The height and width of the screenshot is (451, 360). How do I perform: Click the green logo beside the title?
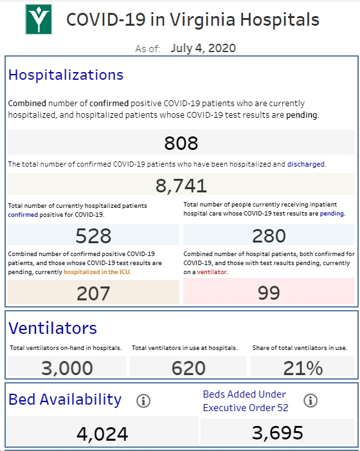point(39,19)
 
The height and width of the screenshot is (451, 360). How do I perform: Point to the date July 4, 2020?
point(203,48)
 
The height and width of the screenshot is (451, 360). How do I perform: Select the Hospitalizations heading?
point(66,75)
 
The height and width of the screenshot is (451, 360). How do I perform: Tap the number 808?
point(181,143)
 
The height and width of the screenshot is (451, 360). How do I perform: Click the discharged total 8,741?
point(181,185)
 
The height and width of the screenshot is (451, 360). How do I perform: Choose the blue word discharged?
point(306,164)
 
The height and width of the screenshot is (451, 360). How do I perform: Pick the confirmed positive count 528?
point(93,235)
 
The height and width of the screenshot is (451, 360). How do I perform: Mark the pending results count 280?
point(269,235)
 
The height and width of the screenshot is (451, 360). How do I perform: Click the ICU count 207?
point(93,293)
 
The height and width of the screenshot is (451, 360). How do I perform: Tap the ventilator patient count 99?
point(269,293)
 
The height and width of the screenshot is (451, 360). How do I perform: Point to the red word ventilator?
point(212,272)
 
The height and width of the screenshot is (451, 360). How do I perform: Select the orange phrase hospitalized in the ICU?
point(97,272)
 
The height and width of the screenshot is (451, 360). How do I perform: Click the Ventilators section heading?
point(53,328)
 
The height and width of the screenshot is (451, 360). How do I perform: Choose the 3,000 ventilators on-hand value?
point(67,368)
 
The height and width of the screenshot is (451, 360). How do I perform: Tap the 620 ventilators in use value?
point(188,368)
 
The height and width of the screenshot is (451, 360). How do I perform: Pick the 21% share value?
point(303,368)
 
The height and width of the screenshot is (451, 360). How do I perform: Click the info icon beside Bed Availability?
point(143,401)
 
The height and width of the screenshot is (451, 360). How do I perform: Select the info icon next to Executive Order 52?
point(310,400)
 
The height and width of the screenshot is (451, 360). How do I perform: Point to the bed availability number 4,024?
point(102,434)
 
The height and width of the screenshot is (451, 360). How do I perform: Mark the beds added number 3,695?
point(278,432)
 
